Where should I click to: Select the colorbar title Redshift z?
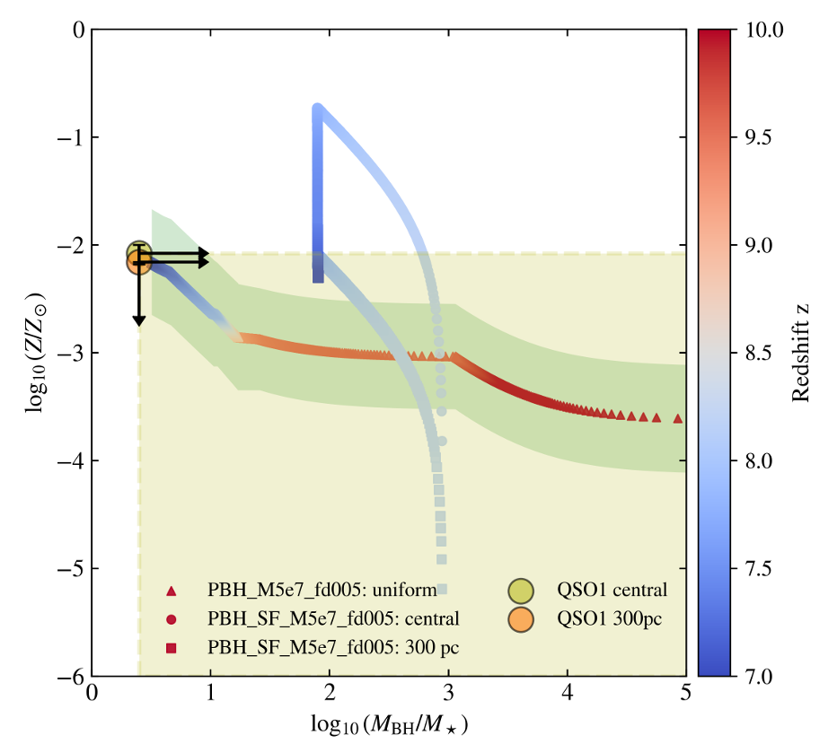802,353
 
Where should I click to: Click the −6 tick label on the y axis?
72,676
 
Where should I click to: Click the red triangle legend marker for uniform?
171,591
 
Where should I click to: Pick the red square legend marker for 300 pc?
171,646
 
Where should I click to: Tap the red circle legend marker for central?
171,618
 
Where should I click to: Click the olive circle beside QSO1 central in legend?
520,591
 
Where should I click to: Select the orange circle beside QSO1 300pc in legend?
520,618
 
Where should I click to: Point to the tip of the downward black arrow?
138,324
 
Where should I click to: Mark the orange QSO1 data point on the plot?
138,262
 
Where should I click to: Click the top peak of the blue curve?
317,109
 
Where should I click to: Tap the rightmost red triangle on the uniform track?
678,419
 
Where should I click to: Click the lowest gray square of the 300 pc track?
442,590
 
